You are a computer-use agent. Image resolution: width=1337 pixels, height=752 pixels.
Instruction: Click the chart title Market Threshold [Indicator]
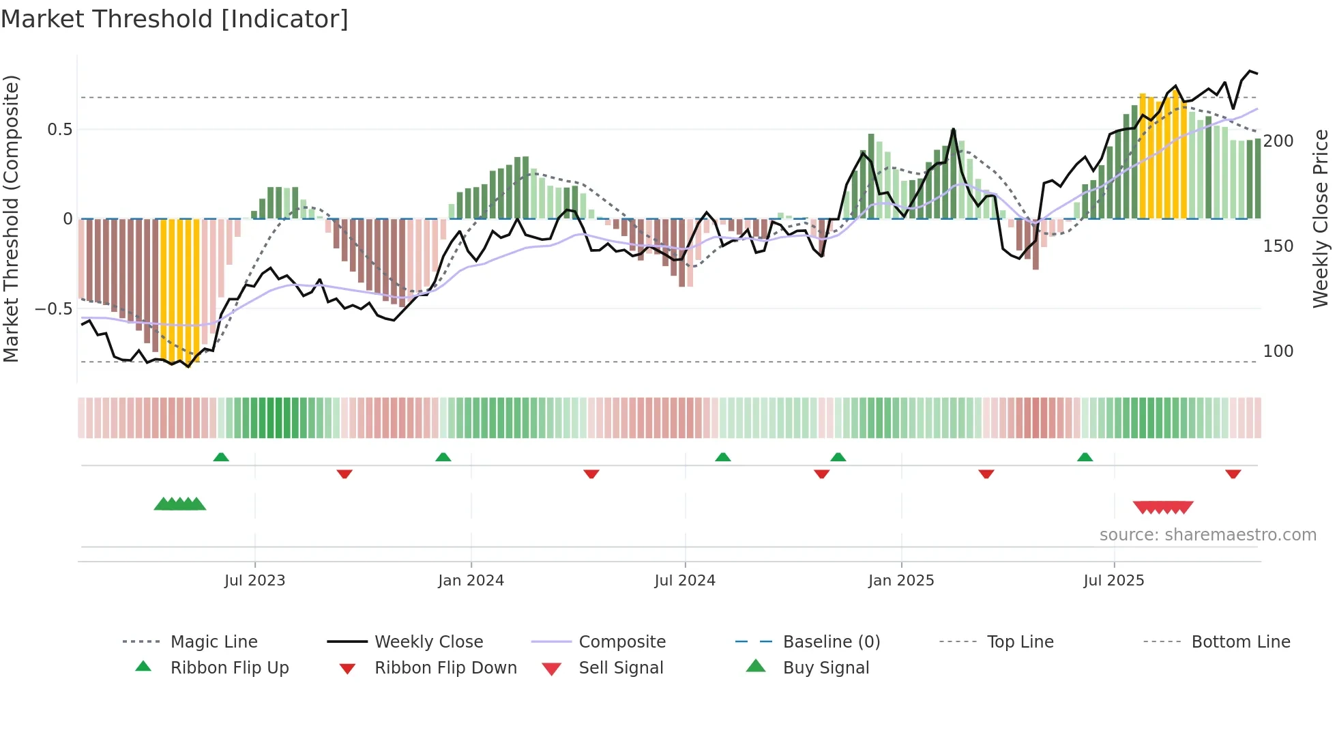[x=175, y=19]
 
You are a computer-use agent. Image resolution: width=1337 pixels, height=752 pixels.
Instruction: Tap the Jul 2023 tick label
[x=254, y=581]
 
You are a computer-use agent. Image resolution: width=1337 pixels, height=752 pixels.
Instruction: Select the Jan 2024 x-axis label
[x=471, y=581]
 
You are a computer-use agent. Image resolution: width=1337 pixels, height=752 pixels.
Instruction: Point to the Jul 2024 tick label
[x=685, y=581]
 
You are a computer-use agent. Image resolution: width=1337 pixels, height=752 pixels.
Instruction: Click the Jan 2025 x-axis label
[x=901, y=581]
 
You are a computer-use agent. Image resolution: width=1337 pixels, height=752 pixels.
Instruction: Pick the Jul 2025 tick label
[x=1114, y=581]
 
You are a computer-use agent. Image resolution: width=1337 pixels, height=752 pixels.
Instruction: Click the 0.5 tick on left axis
[x=59, y=130]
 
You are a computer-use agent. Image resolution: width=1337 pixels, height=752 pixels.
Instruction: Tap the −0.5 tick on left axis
[x=54, y=309]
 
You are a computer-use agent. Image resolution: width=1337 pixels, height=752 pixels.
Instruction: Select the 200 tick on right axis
[x=1278, y=141]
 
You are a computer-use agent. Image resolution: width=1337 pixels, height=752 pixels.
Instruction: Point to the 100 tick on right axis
[x=1278, y=351]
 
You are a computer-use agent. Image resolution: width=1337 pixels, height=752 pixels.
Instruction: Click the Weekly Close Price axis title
[x=1321, y=218]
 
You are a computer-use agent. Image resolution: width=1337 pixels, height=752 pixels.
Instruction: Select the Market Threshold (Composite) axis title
[x=12, y=218]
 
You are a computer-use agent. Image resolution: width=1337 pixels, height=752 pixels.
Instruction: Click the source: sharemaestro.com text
[x=1207, y=535]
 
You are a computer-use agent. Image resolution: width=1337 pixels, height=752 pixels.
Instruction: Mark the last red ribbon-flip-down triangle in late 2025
[x=1233, y=474]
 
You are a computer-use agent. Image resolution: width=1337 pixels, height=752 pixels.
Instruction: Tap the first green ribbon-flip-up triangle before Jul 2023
[x=221, y=457]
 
